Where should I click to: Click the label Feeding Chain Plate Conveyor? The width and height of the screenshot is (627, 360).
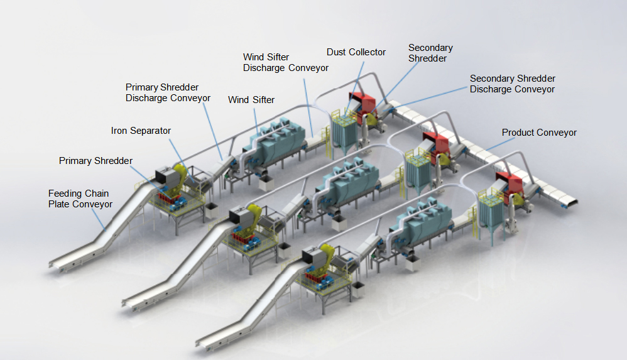tap(80, 199)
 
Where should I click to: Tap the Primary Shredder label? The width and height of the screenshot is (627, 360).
tap(95, 161)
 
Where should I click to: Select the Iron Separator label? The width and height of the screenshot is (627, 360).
tap(141, 131)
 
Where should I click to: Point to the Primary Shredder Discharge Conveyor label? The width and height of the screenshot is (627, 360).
tap(168, 92)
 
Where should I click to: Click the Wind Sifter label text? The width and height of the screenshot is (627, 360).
tap(251, 99)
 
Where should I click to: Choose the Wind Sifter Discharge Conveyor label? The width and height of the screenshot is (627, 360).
tap(285, 62)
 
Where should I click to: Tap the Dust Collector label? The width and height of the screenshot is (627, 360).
tap(356, 52)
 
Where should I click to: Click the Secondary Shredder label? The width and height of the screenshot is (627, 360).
tap(430, 53)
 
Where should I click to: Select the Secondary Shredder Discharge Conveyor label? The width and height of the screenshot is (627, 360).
tap(512, 84)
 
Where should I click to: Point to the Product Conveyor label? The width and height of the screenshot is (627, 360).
tap(538, 133)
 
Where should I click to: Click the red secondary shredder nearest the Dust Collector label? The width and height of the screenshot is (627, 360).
tap(362, 103)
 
